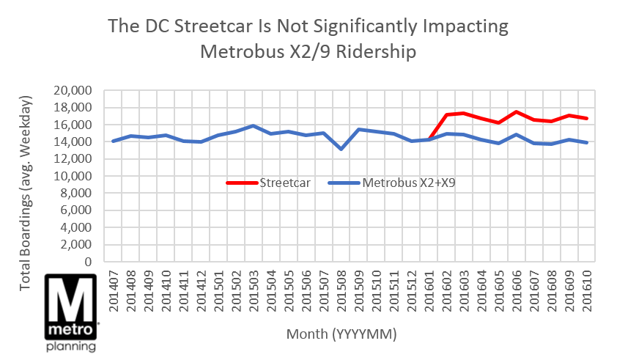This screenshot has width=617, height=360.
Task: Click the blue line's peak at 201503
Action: (253, 126)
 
